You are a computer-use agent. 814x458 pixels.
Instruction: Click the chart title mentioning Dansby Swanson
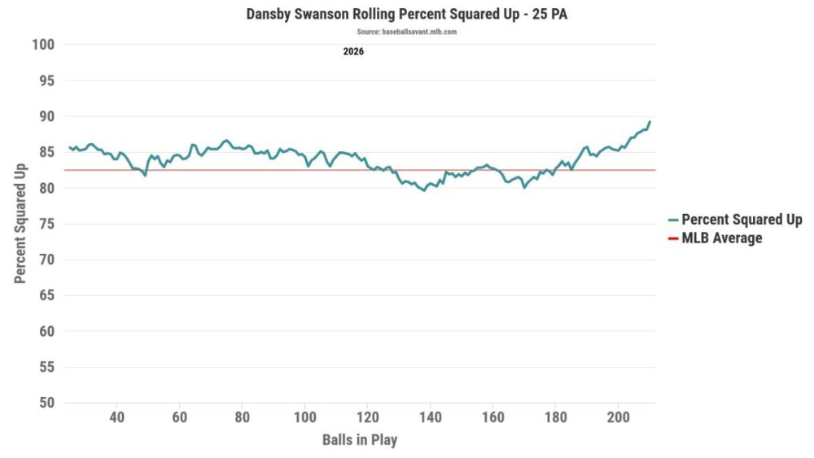(x=406, y=14)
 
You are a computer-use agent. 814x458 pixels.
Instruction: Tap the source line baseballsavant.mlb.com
(x=406, y=32)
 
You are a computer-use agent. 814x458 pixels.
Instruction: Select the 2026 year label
(x=353, y=51)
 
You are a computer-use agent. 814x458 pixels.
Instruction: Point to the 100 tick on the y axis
(x=43, y=45)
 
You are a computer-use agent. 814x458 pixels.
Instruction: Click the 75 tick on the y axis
(x=46, y=224)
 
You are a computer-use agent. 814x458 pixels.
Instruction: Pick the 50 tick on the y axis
(x=46, y=403)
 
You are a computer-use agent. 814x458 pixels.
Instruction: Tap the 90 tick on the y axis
(x=46, y=116)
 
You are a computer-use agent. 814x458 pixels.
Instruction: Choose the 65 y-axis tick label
(x=46, y=295)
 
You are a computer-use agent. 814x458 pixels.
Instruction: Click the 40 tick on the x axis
(x=116, y=417)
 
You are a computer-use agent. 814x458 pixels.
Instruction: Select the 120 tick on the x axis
(x=368, y=417)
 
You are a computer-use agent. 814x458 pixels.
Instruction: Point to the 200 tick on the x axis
(x=619, y=417)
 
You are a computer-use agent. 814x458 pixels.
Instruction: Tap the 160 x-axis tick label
(x=493, y=417)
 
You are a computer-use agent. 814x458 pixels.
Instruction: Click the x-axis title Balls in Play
(x=360, y=440)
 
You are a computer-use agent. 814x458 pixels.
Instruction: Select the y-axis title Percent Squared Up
(x=20, y=224)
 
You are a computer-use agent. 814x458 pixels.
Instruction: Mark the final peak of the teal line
(x=650, y=122)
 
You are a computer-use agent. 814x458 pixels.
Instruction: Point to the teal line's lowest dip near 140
(x=424, y=190)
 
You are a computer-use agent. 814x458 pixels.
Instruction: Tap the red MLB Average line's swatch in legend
(x=673, y=238)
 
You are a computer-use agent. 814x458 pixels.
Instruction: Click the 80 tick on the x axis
(x=243, y=417)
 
